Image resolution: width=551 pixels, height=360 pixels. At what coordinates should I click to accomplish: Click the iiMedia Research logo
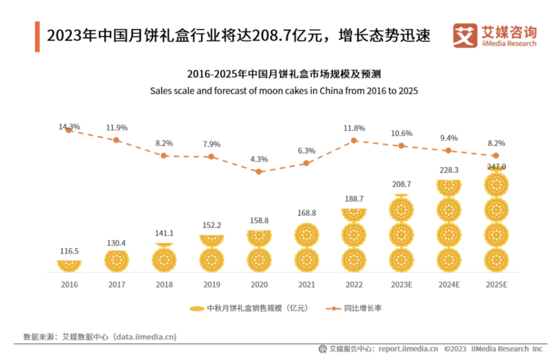tap(494, 36)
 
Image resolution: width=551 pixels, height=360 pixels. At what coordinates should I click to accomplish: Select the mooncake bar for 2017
tap(116, 260)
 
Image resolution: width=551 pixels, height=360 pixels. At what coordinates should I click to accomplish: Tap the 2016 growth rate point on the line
tap(69, 130)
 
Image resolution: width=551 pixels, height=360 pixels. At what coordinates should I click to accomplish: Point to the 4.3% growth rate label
tap(259, 159)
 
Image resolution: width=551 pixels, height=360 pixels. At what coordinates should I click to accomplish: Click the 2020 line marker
tap(259, 172)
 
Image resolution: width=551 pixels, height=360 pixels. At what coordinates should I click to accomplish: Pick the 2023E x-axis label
tap(401, 284)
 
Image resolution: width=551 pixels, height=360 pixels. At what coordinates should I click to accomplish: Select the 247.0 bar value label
tap(495, 166)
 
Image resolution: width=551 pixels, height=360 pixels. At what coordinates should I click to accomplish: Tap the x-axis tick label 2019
tap(211, 284)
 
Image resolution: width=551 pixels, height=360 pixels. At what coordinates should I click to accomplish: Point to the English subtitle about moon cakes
tap(284, 91)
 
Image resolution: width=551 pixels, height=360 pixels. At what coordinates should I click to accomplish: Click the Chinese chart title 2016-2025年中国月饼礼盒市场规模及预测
tap(284, 74)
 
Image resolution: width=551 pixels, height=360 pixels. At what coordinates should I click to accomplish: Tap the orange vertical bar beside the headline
tap(37, 36)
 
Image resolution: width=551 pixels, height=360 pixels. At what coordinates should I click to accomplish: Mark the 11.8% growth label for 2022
tap(354, 128)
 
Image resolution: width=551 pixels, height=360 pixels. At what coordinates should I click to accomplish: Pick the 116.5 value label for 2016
tap(69, 251)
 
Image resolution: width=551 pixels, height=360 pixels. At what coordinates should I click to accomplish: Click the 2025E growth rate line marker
tap(495, 155)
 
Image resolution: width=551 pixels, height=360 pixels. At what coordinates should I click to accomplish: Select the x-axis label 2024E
tap(448, 284)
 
